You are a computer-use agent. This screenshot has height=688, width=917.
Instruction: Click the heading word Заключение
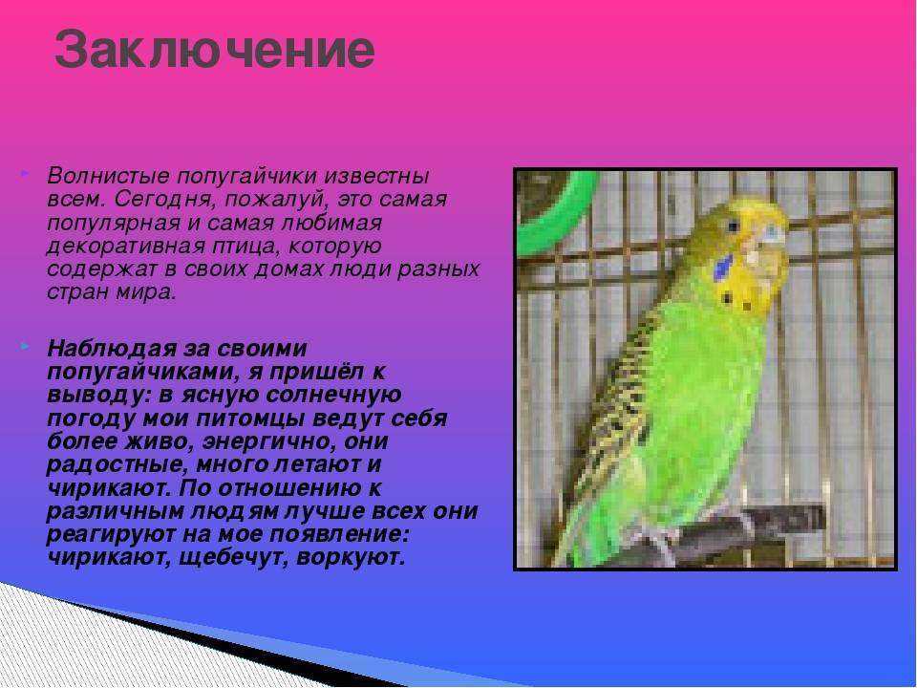[214, 49]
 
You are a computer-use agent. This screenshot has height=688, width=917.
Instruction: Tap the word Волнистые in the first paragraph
[107, 176]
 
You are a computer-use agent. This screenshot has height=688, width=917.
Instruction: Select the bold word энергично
[268, 441]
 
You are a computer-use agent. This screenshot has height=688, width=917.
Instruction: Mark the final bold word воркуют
[351, 557]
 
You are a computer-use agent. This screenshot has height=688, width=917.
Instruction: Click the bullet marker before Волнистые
[23, 174]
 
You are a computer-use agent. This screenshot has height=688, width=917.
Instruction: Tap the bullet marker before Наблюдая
[23, 347]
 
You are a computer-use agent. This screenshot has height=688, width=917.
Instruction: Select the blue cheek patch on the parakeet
[723, 268]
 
